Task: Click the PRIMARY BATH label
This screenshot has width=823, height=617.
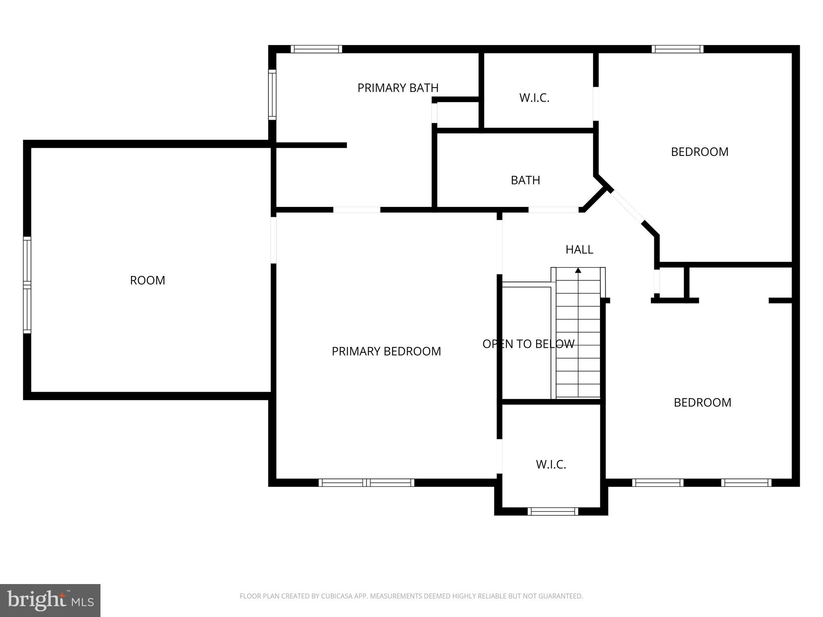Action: coord(397,88)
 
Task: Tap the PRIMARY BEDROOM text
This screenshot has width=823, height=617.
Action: coord(386,351)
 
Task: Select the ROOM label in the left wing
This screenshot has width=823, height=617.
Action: coord(147,280)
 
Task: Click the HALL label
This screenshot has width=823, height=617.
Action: coord(579,249)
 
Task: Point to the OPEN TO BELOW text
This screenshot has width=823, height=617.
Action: coord(528,344)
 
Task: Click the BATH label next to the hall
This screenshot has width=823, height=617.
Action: coord(525,180)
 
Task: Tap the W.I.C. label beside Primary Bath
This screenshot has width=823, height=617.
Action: coord(534,98)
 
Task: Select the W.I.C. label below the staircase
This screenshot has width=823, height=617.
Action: coord(551,465)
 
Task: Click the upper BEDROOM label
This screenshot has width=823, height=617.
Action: coord(700,152)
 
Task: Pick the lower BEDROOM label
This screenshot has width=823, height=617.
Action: coord(702,402)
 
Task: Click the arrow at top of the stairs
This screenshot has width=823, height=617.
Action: coord(578,270)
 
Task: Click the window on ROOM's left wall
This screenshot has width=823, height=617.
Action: coord(27,285)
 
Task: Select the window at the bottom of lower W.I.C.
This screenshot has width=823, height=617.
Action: coord(553,511)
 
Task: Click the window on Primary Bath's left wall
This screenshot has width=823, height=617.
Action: coord(272,95)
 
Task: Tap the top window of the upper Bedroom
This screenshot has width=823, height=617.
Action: coord(677,49)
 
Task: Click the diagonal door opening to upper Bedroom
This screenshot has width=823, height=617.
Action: coord(627,207)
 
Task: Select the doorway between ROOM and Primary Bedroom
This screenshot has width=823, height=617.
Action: coord(273,240)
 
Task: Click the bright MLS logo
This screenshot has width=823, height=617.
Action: coord(50,601)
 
